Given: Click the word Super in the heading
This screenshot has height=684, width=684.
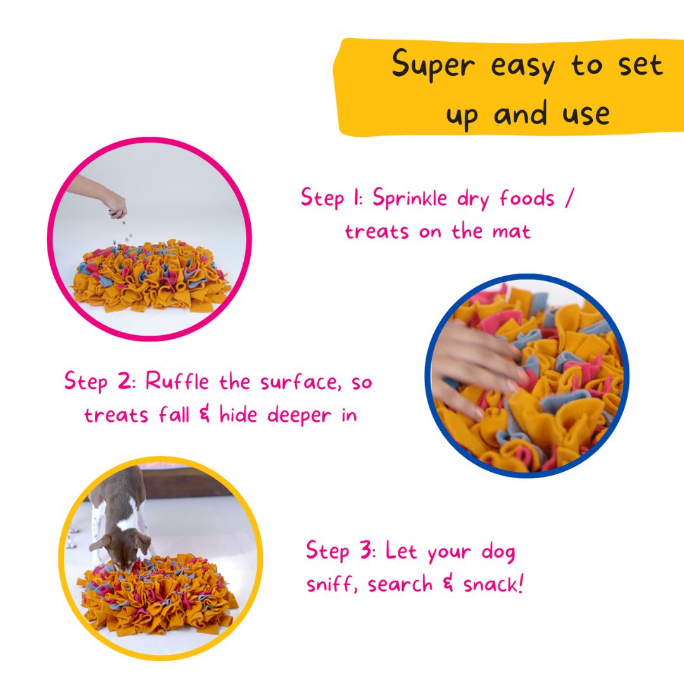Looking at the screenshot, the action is tap(433, 65).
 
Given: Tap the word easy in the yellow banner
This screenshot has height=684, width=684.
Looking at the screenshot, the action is tap(522, 68).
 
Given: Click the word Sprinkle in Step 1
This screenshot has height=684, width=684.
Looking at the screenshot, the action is tap(410, 199).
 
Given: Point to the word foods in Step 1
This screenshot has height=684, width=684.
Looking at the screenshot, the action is tap(527, 198).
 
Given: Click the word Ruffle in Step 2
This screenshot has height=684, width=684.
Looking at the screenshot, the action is tap(177, 381).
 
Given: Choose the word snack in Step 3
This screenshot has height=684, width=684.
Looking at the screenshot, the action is tap(493, 583).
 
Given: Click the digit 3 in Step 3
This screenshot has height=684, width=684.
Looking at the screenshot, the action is tap(365, 550).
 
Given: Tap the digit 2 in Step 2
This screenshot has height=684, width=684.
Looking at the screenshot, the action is tap(123, 381).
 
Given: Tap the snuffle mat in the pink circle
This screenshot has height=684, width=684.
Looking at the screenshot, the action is tap(151, 275).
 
